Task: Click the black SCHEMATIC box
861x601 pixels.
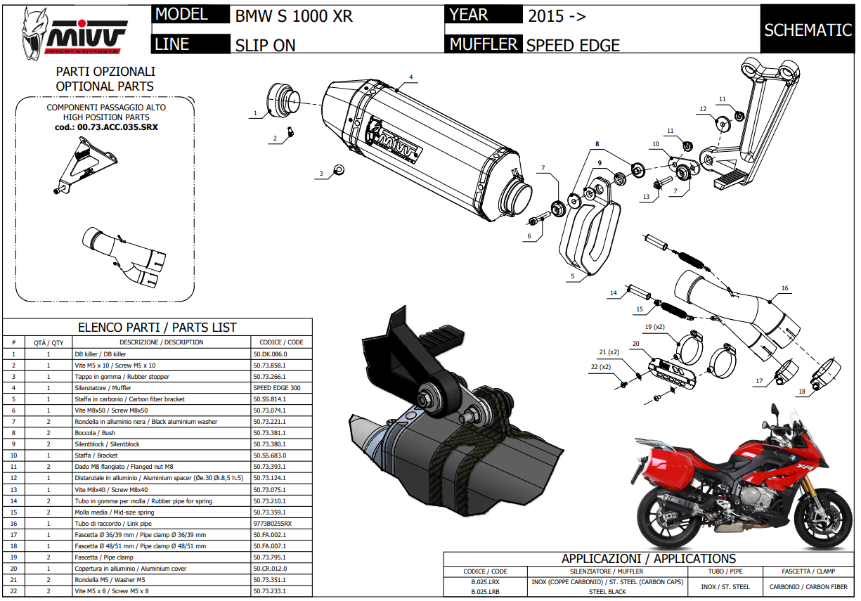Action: (808, 30)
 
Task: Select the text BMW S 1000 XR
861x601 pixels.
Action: (294, 16)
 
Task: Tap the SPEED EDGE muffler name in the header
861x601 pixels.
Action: (573, 46)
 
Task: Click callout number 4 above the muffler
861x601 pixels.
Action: (411, 77)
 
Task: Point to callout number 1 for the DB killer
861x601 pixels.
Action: (256, 112)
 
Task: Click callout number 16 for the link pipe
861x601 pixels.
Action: (784, 289)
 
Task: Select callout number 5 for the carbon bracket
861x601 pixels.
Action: (573, 277)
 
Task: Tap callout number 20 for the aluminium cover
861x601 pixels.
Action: (635, 344)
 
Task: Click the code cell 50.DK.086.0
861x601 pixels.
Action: (270, 354)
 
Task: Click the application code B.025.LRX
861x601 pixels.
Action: (485, 582)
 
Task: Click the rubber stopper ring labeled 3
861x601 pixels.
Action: (339, 169)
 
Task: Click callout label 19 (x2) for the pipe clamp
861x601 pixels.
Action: (654, 327)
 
